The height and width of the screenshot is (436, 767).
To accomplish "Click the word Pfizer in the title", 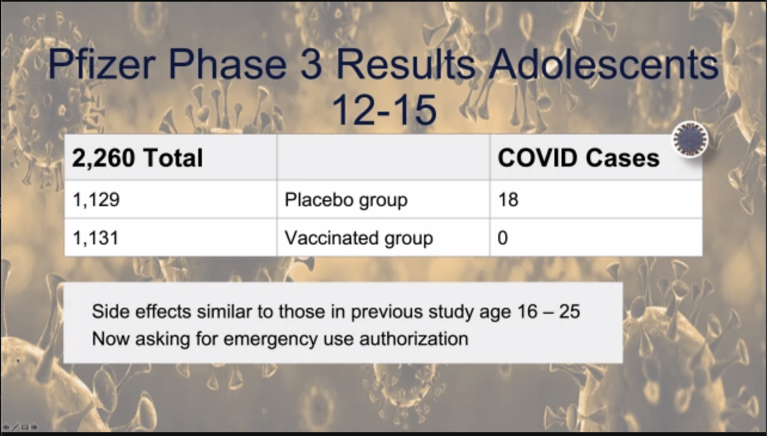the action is (x=102, y=64).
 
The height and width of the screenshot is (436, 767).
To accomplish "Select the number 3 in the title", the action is (x=312, y=64).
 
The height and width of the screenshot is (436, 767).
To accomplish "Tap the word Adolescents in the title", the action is (x=604, y=64).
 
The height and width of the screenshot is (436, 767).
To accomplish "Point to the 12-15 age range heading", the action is (x=384, y=110).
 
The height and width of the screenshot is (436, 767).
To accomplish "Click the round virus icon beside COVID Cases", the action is (x=690, y=140).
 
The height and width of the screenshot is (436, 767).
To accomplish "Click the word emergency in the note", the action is (x=270, y=340).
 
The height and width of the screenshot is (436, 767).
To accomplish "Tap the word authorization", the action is (x=413, y=339).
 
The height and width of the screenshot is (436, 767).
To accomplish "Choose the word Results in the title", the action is (x=406, y=64).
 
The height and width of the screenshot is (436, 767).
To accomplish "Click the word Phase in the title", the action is (x=227, y=64).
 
